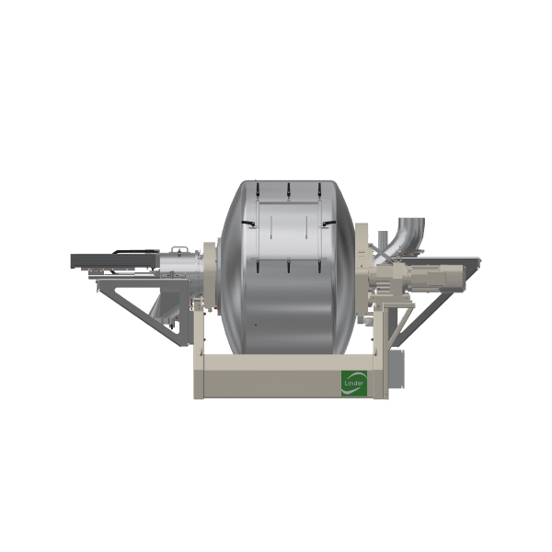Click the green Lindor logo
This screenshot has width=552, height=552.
[354, 383]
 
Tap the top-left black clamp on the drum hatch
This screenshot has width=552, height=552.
[258, 190]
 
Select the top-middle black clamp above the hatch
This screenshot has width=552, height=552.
[288, 190]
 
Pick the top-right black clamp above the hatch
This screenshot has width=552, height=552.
[319, 190]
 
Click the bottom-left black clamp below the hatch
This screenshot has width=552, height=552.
[258, 266]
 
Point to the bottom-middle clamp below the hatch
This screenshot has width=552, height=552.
[288, 266]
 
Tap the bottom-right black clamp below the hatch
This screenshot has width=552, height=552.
[319, 266]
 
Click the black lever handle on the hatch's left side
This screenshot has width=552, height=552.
[247, 224]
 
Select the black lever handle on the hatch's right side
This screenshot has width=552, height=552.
[328, 224]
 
